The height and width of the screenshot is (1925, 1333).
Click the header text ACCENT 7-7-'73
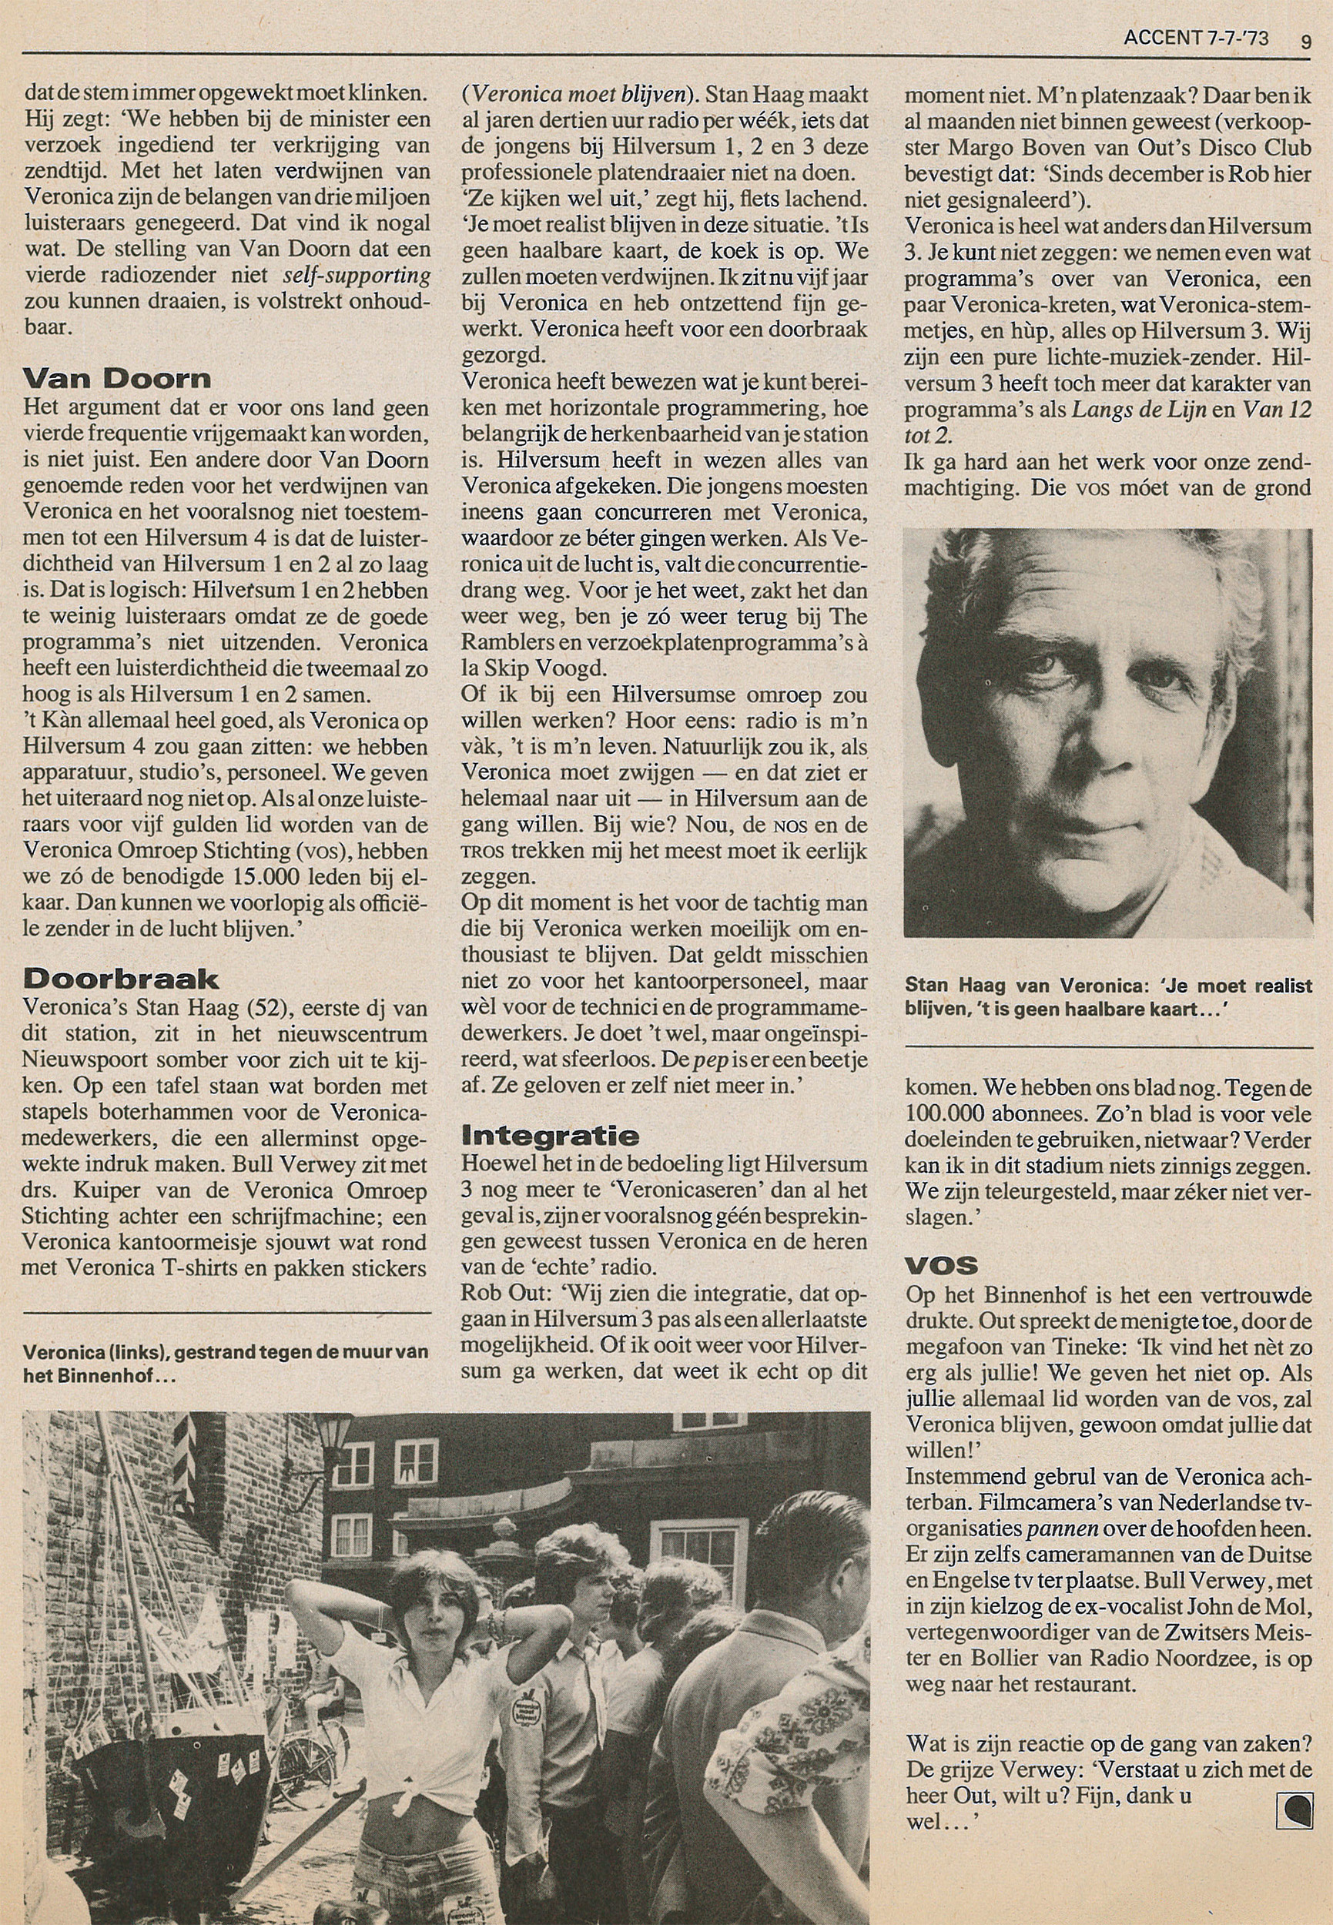tap(1197, 38)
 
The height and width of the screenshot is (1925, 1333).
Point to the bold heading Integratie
tap(550, 1135)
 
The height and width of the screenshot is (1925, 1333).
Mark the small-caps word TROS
tap(481, 852)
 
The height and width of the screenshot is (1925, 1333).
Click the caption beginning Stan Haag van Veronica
tap(1107, 996)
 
